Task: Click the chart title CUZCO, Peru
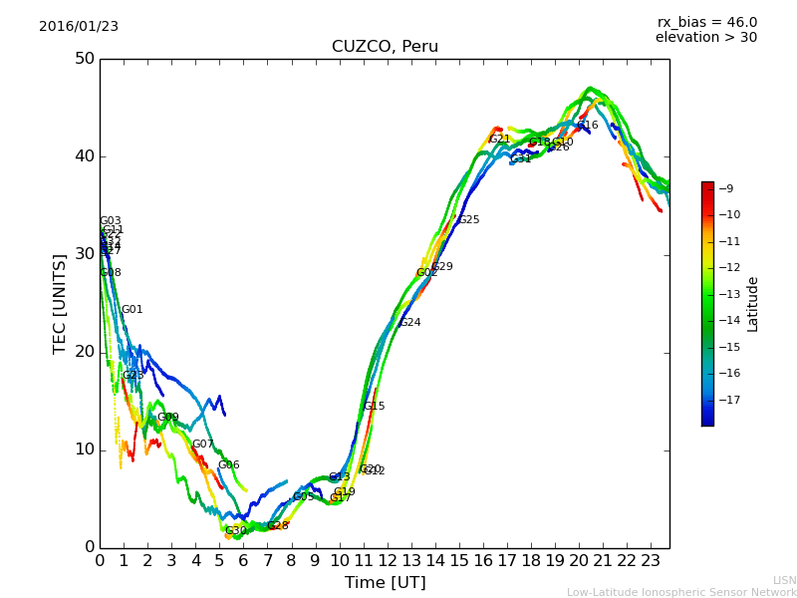click(x=385, y=47)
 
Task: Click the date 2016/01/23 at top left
click(x=79, y=27)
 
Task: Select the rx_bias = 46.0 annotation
click(x=706, y=22)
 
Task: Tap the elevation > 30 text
click(x=705, y=38)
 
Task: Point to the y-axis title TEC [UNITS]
click(x=60, y=303)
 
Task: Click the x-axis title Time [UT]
click(x=385, y=582)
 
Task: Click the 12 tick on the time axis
click(x=387, y=561)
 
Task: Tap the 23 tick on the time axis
click(x=651, y=561)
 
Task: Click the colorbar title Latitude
click(x=753, y=304)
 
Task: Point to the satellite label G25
click(x=468, y=220)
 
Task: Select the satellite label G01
click(x=132, y=310)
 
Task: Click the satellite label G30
click(x=235, y=531)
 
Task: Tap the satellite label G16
click(x=588, y=126)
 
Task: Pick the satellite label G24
click(x=409, y=323)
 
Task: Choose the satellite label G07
click(x=202, y=445)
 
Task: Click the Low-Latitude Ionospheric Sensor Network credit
click(x=681, y=592)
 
